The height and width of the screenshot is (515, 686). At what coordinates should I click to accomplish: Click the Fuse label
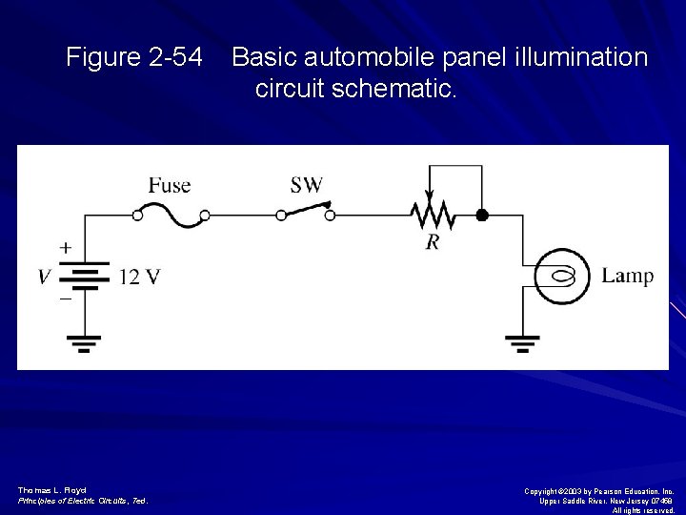click(170, 185)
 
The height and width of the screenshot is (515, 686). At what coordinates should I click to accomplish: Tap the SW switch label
click(307, 184)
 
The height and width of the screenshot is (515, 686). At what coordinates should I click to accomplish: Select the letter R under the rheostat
click(433, 242)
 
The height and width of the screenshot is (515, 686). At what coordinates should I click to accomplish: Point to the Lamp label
click(628, 277)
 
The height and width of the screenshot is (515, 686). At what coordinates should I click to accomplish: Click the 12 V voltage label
click(140, 278)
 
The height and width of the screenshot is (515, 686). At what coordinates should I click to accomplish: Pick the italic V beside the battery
click(44, 278)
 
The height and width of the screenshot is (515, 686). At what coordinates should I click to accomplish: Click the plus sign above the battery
click(65, 247)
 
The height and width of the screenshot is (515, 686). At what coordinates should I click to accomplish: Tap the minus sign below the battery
click(65, 299)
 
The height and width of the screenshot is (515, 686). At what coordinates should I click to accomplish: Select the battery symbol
click(87, 276)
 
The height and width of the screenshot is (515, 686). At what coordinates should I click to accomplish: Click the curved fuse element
click(171, 216)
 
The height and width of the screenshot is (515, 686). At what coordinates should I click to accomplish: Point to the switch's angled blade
click(304, 210)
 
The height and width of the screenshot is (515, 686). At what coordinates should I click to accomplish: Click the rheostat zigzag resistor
click(433, 216)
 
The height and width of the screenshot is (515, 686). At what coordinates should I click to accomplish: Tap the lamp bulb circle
click(562, 277)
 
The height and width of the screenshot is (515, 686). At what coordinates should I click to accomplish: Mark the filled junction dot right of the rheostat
click(482, 216)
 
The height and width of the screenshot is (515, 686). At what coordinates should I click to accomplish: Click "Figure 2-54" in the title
click(134, 58)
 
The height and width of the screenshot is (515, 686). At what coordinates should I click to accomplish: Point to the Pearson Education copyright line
click(600, 490)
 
